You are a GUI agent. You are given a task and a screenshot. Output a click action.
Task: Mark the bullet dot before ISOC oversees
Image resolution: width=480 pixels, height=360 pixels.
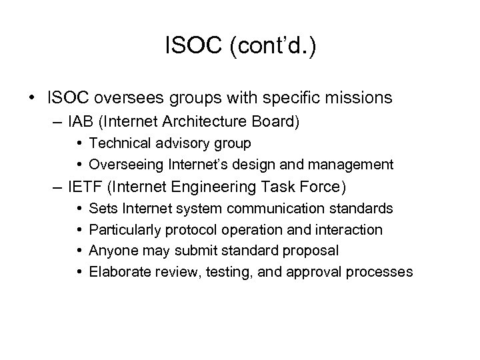pyautogui.click(x=33, y=98)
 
